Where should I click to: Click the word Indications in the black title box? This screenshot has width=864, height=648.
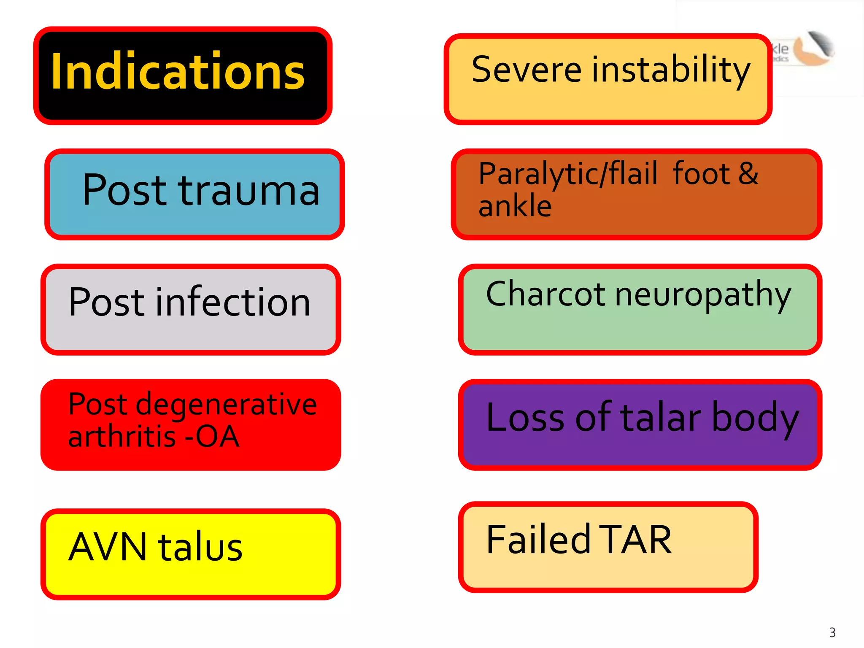[178, 72]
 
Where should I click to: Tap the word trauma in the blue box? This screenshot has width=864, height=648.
[249, 191]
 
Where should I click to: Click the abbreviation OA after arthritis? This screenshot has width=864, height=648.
[218, 437]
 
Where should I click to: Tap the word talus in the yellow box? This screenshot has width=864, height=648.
[200, 547]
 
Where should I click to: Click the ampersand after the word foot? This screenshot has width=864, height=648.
[748, 173]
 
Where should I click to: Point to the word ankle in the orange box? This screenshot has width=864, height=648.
[515, 206]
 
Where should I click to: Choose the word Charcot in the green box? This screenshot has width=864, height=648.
[546, 294]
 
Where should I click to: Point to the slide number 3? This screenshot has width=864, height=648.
[832, 632]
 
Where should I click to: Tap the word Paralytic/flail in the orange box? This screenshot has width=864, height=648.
[568, 174]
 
